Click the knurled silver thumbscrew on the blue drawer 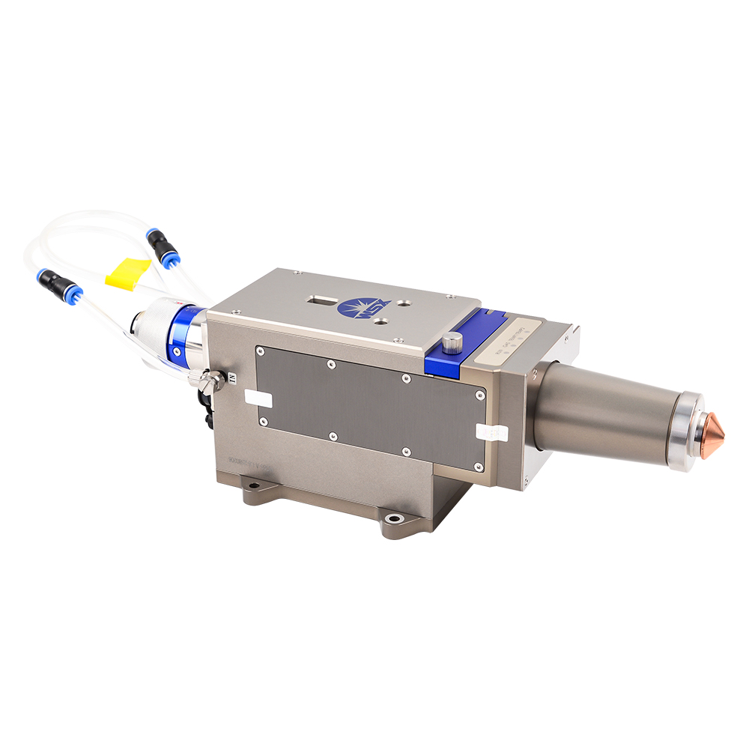[451, 343]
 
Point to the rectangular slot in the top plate [321, 300]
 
